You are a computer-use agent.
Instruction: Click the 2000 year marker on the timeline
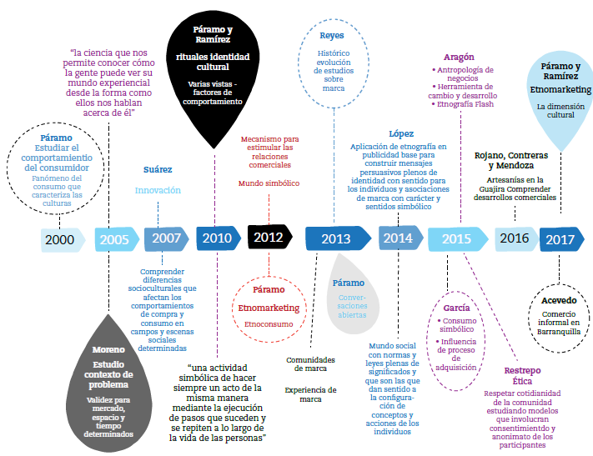61,240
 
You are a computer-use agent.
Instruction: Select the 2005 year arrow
113,240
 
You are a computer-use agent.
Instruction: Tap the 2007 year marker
166,238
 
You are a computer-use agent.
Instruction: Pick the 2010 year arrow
217,238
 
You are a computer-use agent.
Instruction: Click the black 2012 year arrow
269,238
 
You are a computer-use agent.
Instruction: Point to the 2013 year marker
335,239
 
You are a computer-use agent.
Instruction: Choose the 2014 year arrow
399,238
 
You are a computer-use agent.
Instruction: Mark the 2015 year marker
456,239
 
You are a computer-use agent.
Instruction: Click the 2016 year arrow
515,238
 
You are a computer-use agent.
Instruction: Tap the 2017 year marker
559,240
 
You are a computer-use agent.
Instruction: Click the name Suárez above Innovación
158,169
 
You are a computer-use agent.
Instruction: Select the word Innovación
158,190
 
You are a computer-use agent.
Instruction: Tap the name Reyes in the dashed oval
332,36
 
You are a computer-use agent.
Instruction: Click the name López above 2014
400,133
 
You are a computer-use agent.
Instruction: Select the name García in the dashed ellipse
456,308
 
